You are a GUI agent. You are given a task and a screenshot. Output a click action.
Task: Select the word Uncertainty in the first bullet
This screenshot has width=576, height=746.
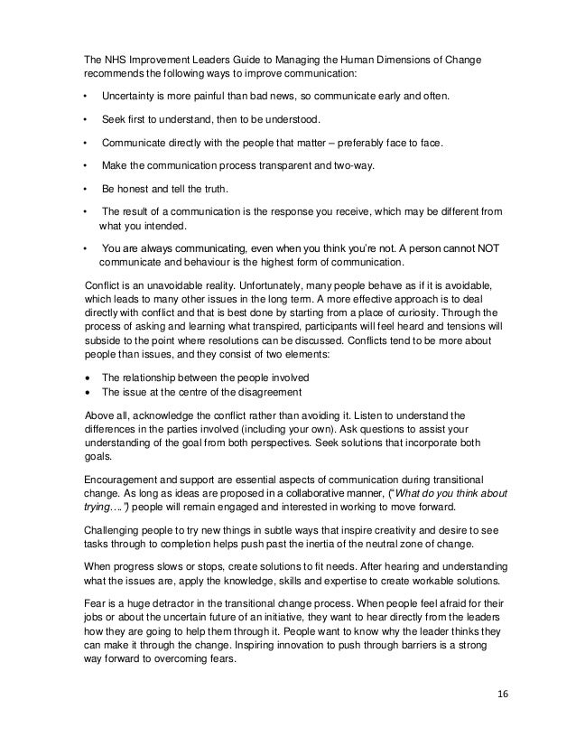[x=133, y=96]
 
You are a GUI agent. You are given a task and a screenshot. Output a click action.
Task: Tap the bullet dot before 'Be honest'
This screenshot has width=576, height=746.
[x=85, y=190]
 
